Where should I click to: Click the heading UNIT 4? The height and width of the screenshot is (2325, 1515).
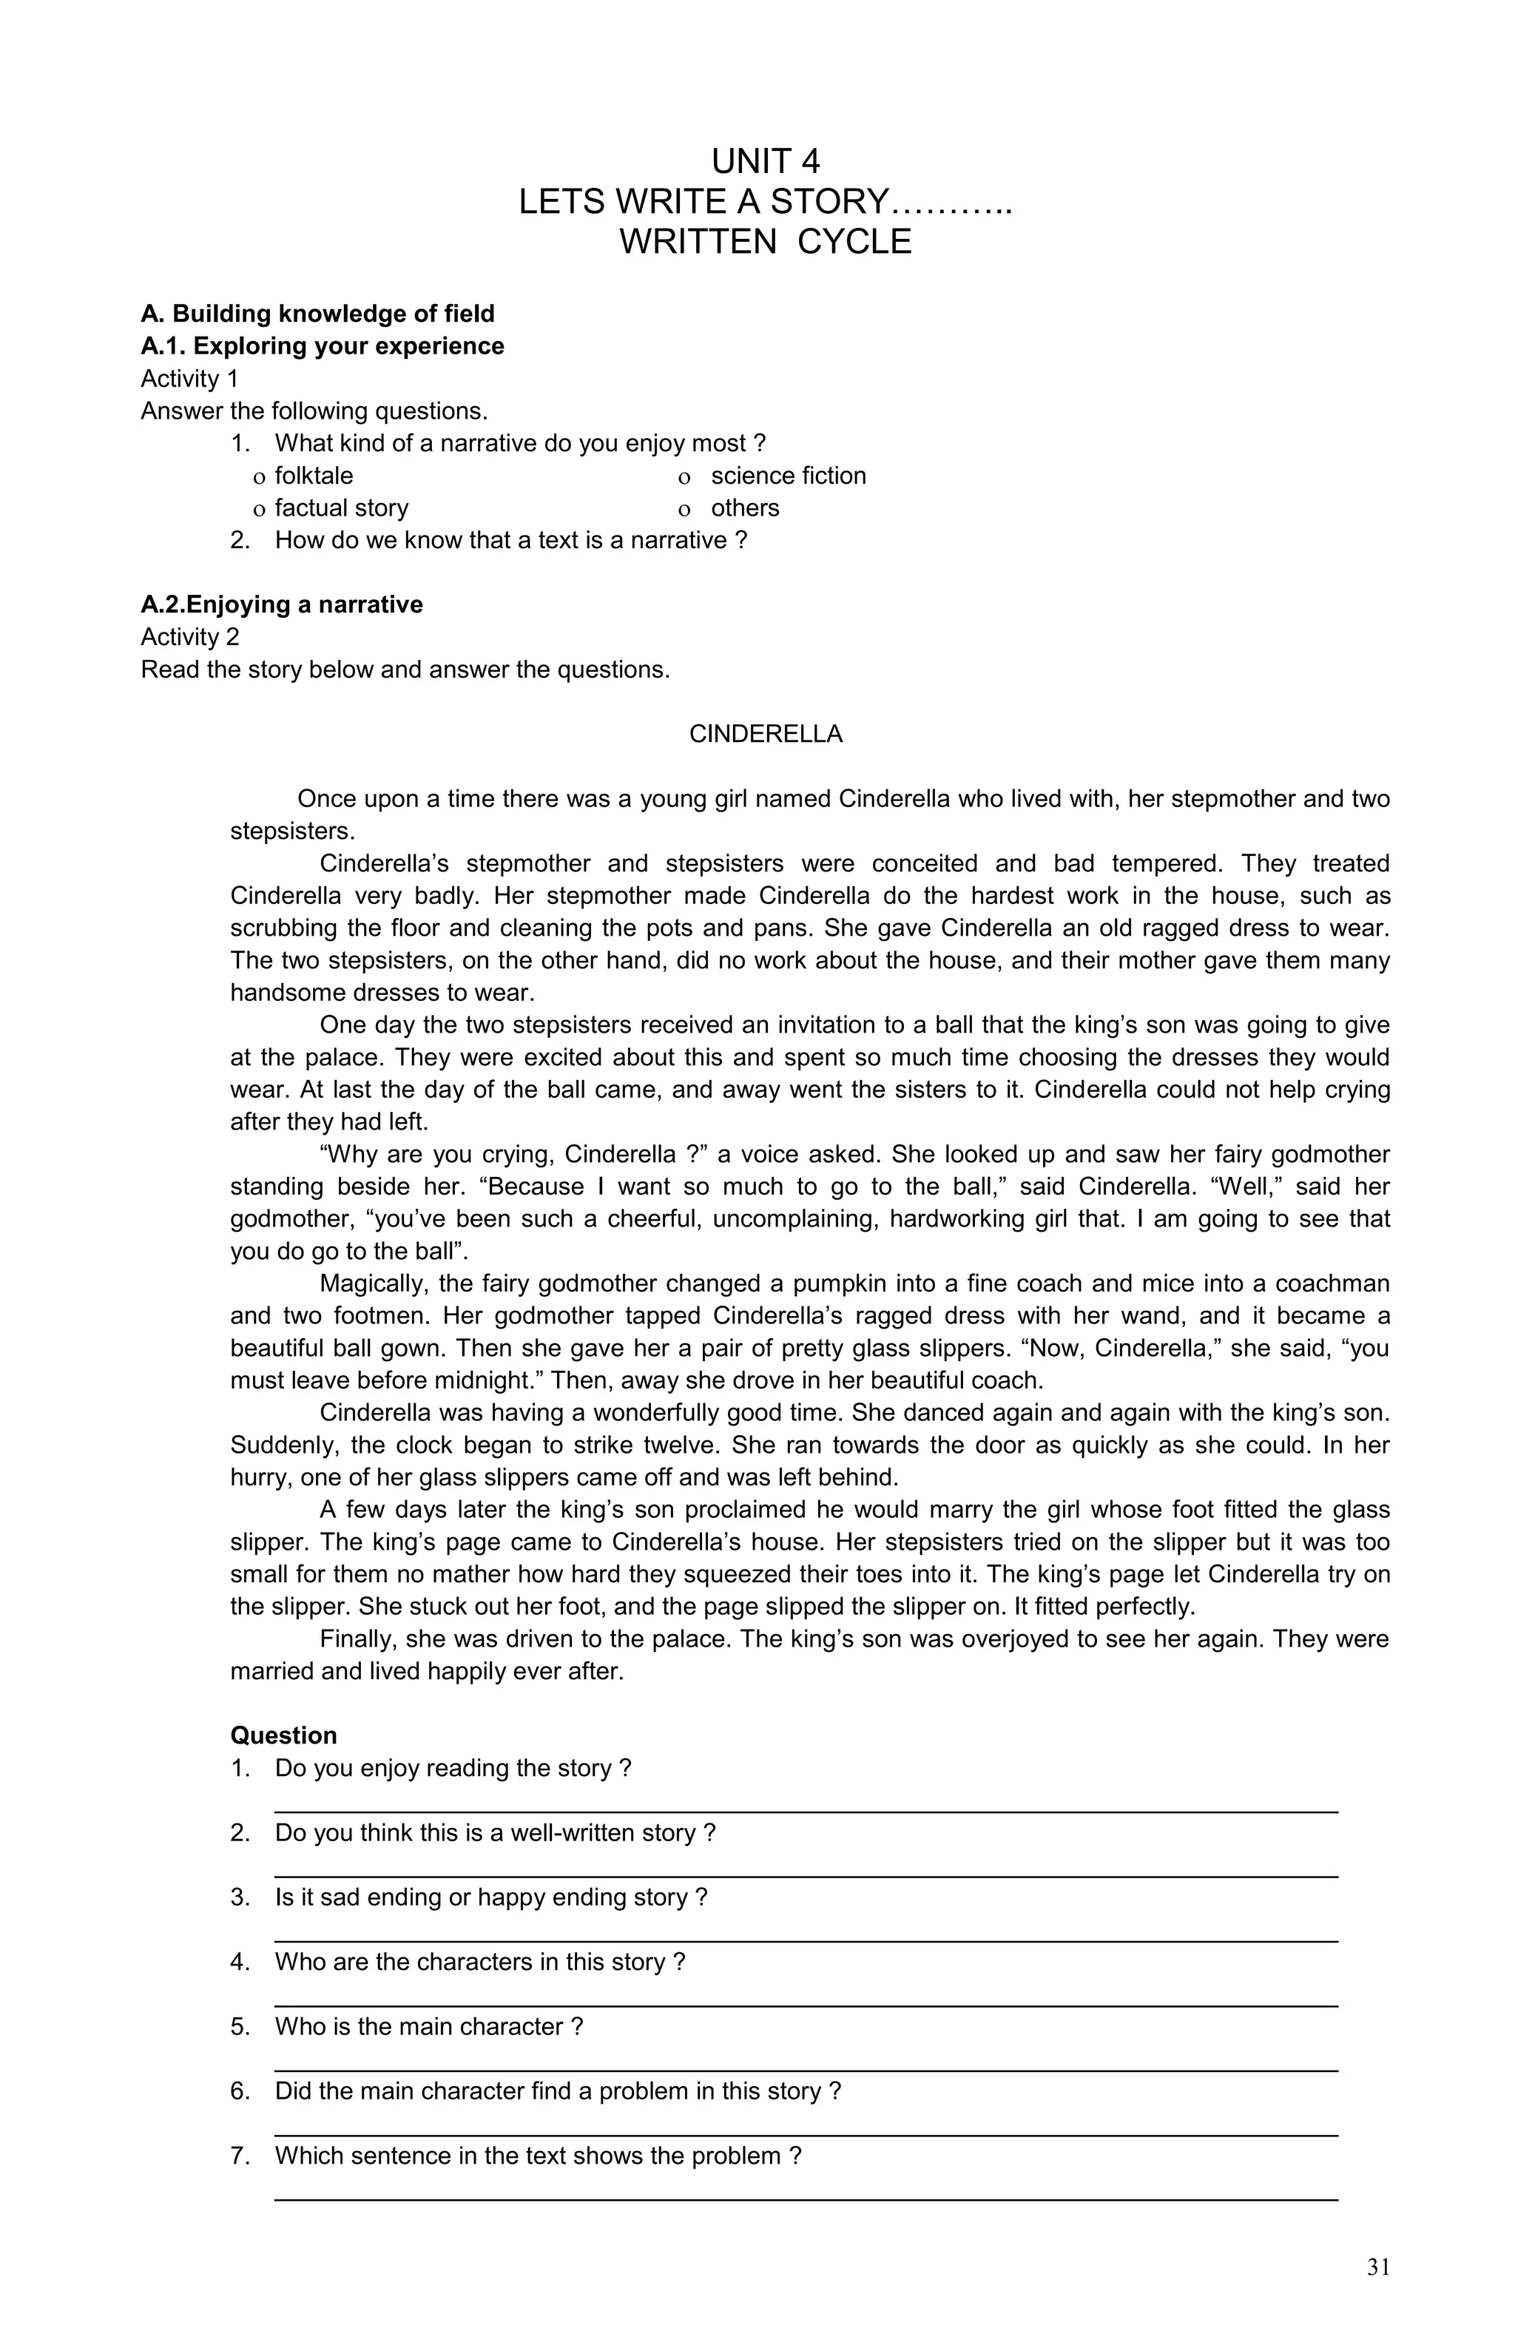tap(765, 161)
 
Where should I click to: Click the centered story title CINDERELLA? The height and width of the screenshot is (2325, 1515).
tap(765, 735)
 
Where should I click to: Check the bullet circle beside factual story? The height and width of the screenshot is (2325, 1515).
tap(259, 510)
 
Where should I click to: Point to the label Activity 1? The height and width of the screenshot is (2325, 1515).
tap(189, 379)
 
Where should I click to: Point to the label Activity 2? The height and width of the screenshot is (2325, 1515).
tap(189, 637)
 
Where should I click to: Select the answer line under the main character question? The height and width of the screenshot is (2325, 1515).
tap(805, 2069)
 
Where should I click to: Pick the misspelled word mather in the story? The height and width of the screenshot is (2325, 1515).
tap(419, 1575)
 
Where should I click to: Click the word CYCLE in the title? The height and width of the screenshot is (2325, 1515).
tap(854, 243)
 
